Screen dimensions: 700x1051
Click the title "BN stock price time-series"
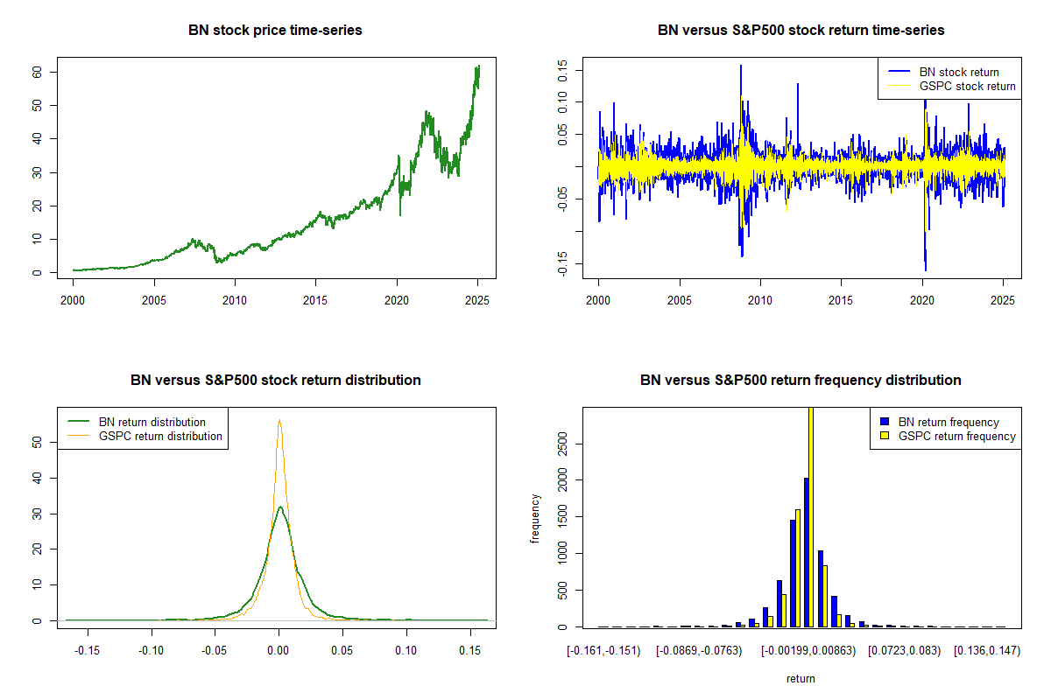(x=275, y=31)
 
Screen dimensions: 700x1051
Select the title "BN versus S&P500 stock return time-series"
(x=801, y=31)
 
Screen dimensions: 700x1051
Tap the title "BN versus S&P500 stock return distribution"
(x=275, y=381)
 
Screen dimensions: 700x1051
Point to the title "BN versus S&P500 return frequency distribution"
(x=801, y=381)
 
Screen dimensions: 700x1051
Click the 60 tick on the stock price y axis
(x=37, y=72)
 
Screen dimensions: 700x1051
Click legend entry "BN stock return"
(x=958, y=72)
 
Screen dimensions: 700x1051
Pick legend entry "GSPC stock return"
(x=967, y=86)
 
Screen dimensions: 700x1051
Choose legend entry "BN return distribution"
(x=152, y=422)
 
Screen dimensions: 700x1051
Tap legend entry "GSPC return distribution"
(x=160, y=436)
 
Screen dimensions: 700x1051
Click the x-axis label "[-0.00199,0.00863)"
(x=808, y=652)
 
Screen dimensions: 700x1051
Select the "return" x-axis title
(x=801, y=678)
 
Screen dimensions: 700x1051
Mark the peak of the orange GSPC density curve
(x=279, y=420)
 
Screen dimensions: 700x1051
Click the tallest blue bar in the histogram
(x=806, y=552)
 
